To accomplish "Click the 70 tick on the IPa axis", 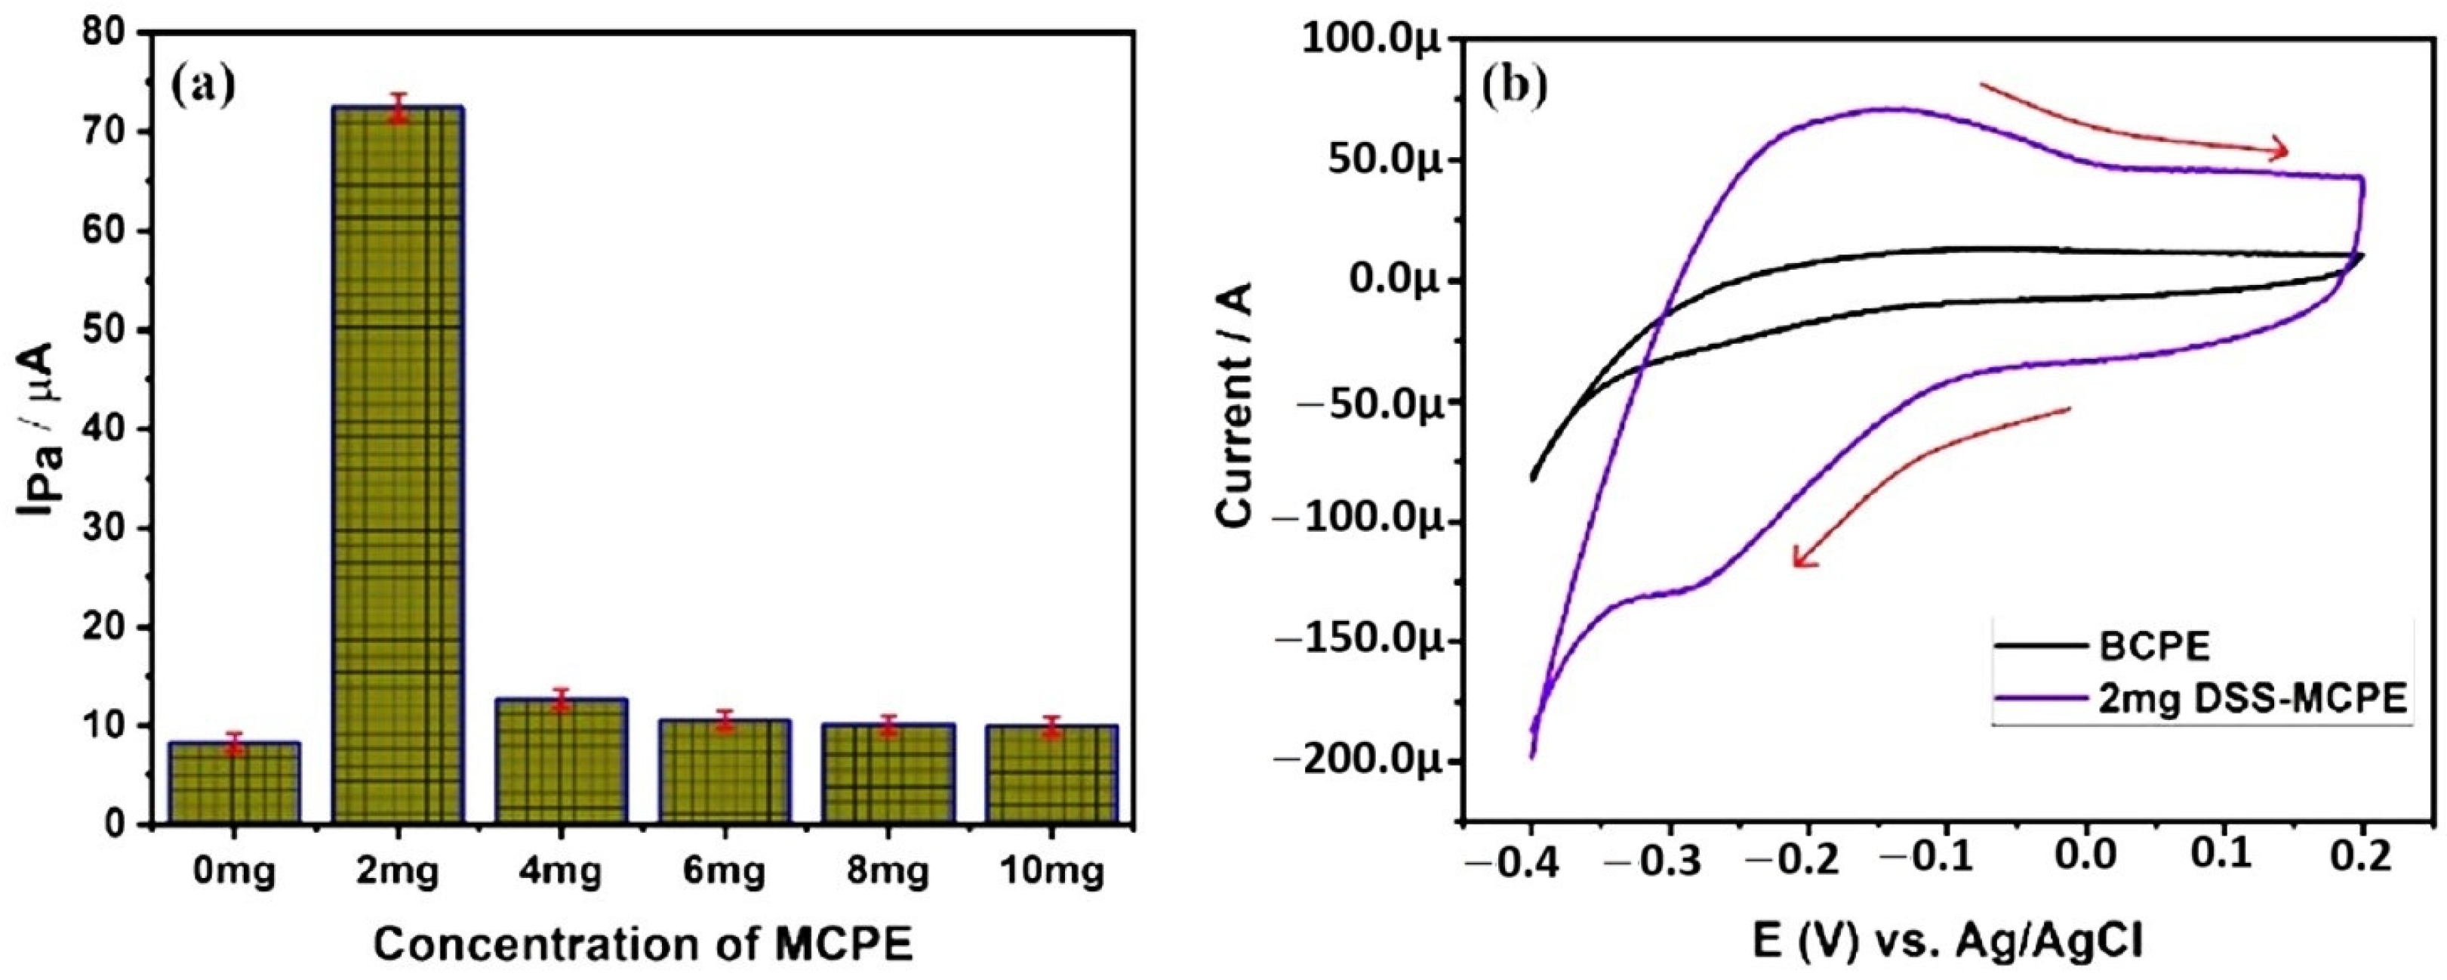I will tap(106, 131).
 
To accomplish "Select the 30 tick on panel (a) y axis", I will tap(106, 528).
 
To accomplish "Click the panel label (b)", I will tap(1514, 85).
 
